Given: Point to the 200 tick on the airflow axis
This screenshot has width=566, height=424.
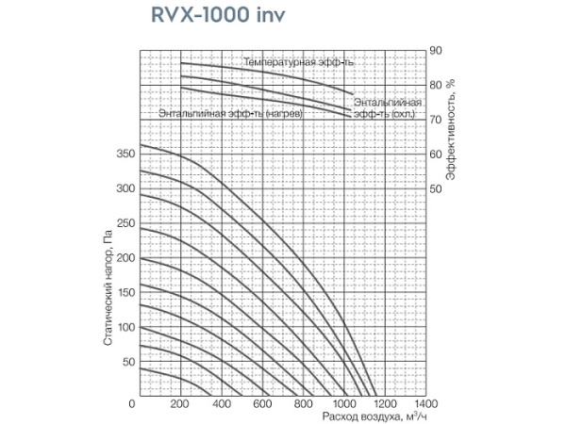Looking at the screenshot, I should (x=181, y=403).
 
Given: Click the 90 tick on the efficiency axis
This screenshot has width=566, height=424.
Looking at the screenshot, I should (x=435, y=50).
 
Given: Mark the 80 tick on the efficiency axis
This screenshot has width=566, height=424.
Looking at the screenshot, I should (x=435, y=85).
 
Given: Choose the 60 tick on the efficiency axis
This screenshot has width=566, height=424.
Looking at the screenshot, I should (x=435, y=154).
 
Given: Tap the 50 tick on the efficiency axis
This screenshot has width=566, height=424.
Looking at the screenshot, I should (x=435, y=188).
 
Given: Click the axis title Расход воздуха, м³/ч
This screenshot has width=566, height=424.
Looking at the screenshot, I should (x=368, y=416).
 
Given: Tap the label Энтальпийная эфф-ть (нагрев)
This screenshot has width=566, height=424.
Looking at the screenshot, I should (x=230, y=114).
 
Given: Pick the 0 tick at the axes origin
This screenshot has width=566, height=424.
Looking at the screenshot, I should (x=133, y=403).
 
